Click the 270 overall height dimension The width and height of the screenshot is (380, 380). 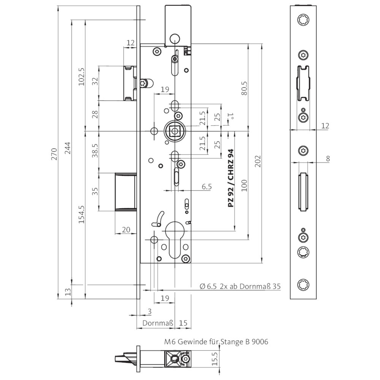[54, 154]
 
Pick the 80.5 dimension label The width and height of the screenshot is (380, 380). [244, 88]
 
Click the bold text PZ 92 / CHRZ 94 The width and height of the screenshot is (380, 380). [231, 178]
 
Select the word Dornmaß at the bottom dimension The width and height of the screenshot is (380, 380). [158, 323]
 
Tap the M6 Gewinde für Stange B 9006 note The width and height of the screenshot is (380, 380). [216, 342]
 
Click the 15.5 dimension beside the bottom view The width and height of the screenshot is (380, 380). [215, 359]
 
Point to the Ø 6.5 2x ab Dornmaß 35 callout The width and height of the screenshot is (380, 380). [240, 286]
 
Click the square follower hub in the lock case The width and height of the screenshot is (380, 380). [174, 131]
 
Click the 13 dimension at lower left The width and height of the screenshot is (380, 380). [68, 291]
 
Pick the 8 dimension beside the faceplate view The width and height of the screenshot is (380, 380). [328, 159]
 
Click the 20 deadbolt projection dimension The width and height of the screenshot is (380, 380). [126, 230]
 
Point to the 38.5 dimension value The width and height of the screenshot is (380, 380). [95, 151]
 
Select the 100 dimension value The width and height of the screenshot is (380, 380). [244, 185]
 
